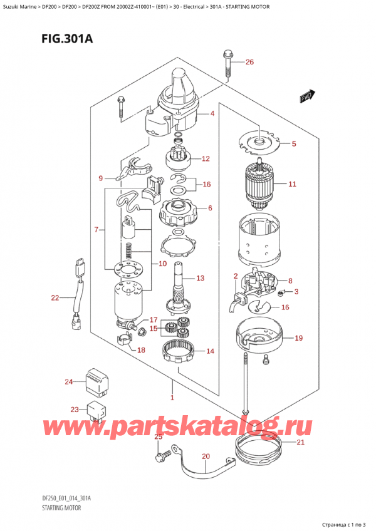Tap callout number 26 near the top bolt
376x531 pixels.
[x=250, y=62]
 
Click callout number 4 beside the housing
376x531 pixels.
[x=212, y=113]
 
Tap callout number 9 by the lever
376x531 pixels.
[x=101, y=178]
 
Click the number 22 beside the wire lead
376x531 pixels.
[x=55, y=297]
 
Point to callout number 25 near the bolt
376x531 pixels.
[x=159, y=436]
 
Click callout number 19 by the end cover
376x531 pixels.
[x=298, y=338]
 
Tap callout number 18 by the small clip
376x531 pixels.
[x=141, y=350]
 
